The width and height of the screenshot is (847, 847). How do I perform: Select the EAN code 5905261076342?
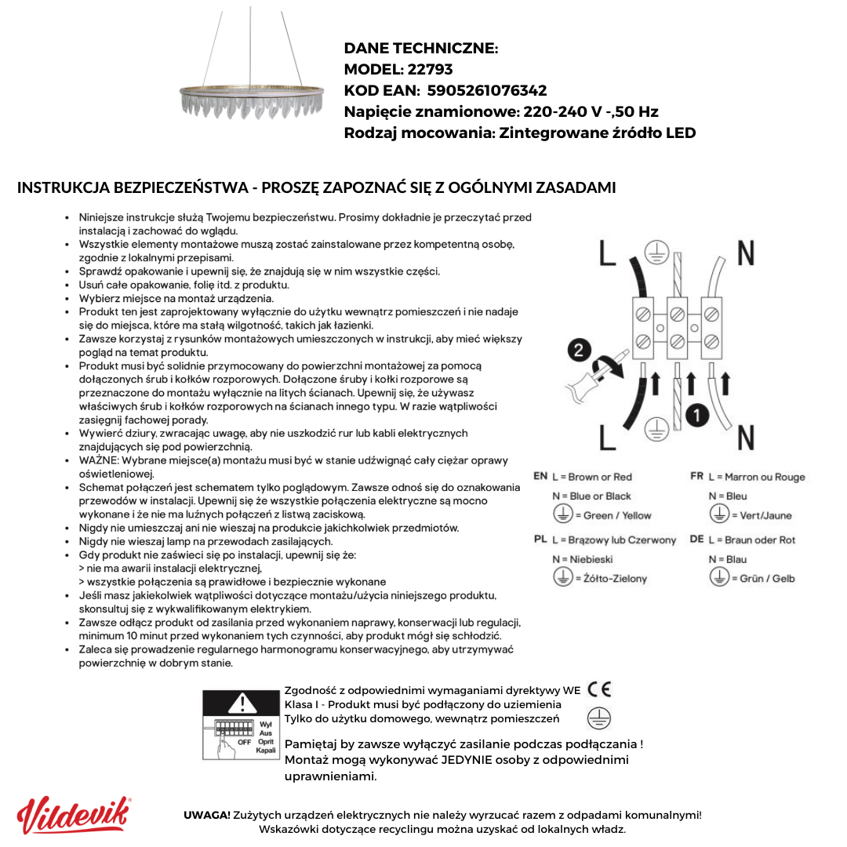pyautogui.click(x=486, y=90)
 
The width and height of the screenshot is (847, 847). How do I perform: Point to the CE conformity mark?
pyautogui.click(x=599, y=689)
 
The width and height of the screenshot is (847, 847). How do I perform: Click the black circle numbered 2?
pyautogui.click(x=579, y=351)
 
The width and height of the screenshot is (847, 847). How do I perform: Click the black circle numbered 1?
pyautogui.click(x=696, y=414)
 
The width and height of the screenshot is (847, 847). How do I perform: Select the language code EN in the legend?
pyautogui.click(x=540, y=476)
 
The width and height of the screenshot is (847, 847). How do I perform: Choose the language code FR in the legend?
pyautogui.click(x=696, y=476)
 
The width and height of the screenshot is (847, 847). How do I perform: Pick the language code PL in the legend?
pyautogui.click(x=540, y=540)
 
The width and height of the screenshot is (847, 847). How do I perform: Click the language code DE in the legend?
pyautogui.click(x=696, y=540)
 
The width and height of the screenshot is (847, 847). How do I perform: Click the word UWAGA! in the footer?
pyautogui.click(x=207, y=815)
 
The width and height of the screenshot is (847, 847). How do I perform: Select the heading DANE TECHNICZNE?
pyautogui.click(x=421, y=49)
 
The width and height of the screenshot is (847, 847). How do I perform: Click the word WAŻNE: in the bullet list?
pyautogui.click(x=100, y=460)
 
